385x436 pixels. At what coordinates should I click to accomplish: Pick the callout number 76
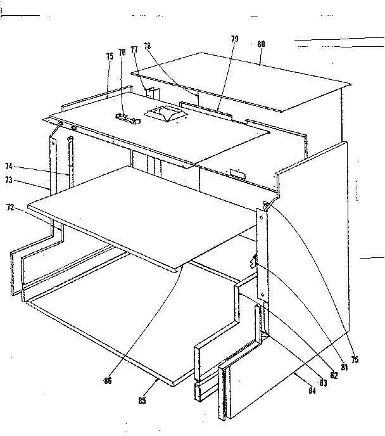(122, 52)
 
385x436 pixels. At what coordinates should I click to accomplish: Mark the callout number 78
(147, 46)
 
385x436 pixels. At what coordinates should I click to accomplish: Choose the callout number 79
(234, 39)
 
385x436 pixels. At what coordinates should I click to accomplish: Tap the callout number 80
(261, 45)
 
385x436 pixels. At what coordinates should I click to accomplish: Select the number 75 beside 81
(355, 359)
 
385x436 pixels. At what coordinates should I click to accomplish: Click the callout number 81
(344, 366)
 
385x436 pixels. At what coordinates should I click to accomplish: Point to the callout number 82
(334, 375)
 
